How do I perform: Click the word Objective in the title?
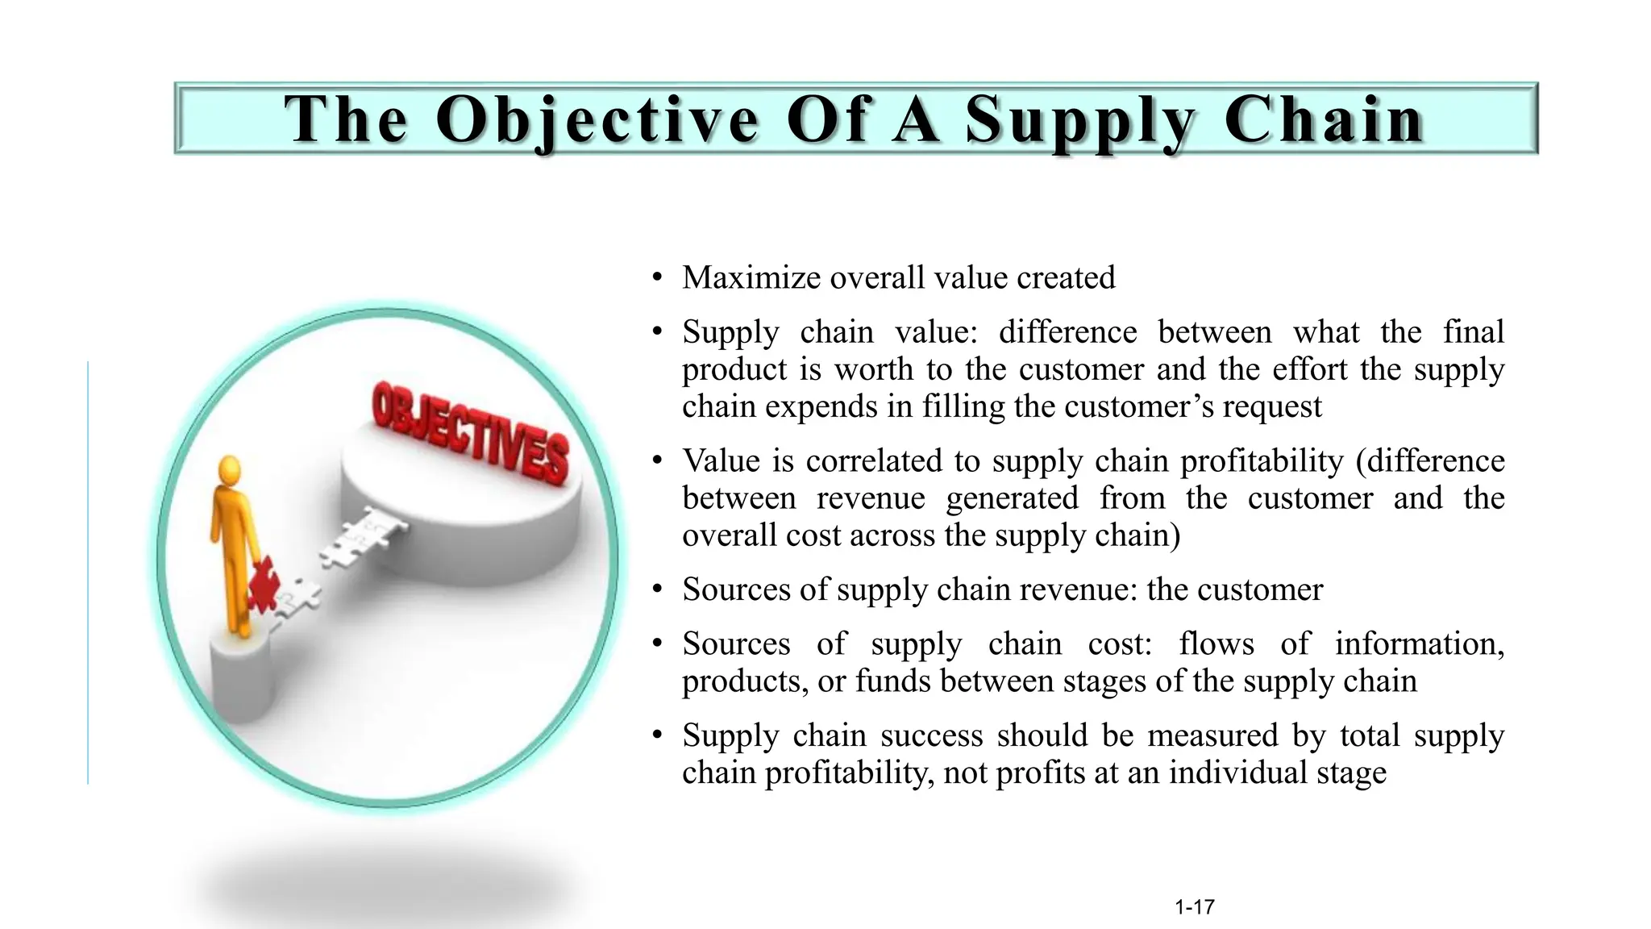597,119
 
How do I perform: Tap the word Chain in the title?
1323,119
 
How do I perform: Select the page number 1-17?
1194,907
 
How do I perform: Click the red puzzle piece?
263,583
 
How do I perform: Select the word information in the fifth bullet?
1419,644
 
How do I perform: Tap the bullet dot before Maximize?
658,278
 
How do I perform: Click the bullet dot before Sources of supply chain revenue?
658,589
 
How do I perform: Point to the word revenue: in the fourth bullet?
1078,589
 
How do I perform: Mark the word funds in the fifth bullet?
893,681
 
